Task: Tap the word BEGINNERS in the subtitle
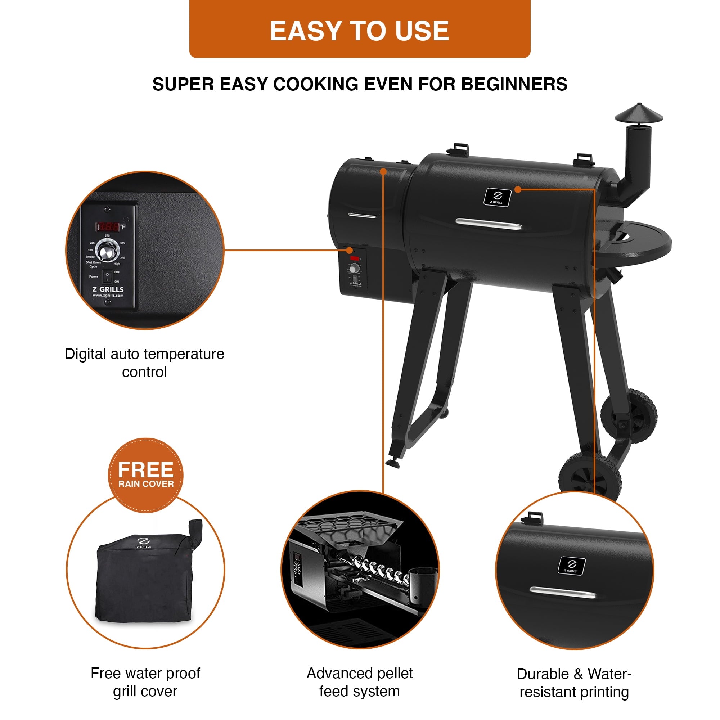514,84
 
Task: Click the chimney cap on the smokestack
639,113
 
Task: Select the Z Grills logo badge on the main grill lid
498,197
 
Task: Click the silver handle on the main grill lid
489,224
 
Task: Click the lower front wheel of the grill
590,476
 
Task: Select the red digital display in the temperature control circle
108,226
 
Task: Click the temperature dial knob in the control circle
107,250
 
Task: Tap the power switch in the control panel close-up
107,276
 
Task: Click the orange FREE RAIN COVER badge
146,475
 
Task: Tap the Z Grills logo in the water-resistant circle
571,565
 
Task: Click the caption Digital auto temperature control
145,363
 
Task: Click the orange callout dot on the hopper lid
383,171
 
